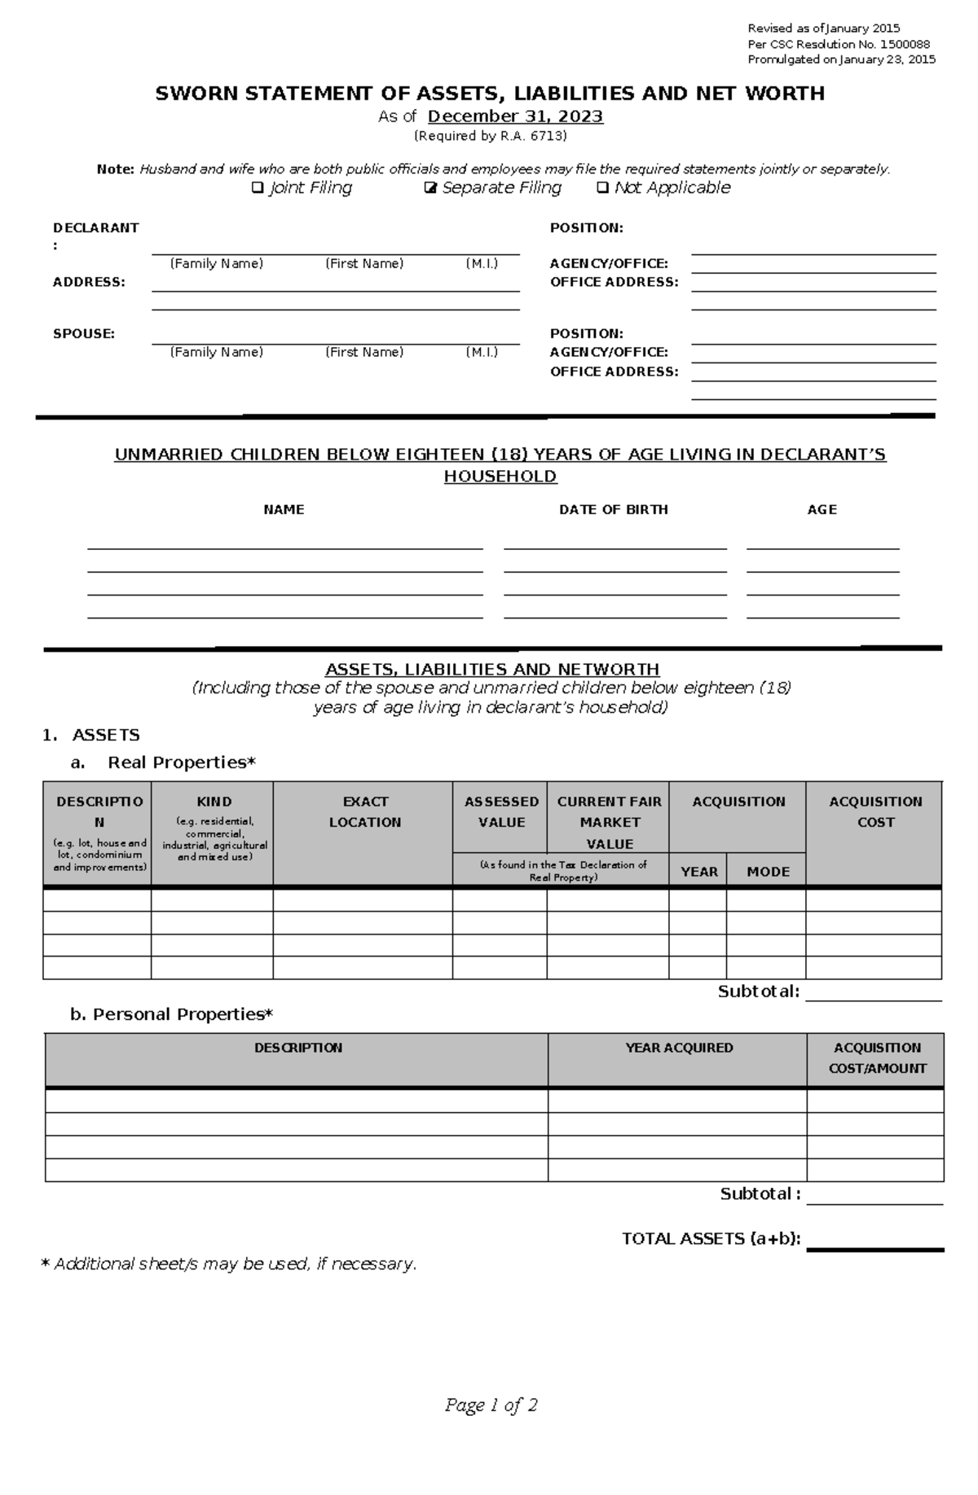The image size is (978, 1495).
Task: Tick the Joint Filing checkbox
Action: pyautogui.click(x=257, y=188)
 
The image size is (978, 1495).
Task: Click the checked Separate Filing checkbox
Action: pyautogui.click(x=431, y=188)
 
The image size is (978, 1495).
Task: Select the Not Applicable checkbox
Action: pyautogui.click(x=602, y=188)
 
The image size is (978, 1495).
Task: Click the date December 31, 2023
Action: pyautogui.click(x=515, y=117)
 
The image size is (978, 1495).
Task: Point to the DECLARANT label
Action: pyautogui.click(x=95, y=228)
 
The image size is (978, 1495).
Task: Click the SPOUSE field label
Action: pyautogui.click(x=83, y=333)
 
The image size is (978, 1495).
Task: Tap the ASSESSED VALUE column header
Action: pyautogui.click(x=501, y=811)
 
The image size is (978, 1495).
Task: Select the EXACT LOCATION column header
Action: pyautogui.click(x=364, y=811)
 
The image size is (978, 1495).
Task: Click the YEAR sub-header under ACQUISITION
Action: pyautogui.click(x=698, y=871)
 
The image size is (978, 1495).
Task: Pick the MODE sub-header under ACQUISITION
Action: pyautogui.click(x=768, y=871)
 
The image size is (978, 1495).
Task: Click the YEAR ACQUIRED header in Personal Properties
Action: pyautogui.click(x=679, y=1048)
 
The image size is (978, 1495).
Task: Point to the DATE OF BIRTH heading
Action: pyautogui.click(x=613, y=509)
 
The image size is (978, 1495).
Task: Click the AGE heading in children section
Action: pyautogui.click(x=822, y=509)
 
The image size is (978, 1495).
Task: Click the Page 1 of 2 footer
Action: pyautogui.click(x=491, y=1405)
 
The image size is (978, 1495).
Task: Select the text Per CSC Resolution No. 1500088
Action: pyautogui.click(x=839, y=44)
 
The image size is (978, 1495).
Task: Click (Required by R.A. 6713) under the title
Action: pyautogui.click(x=490, y=136)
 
